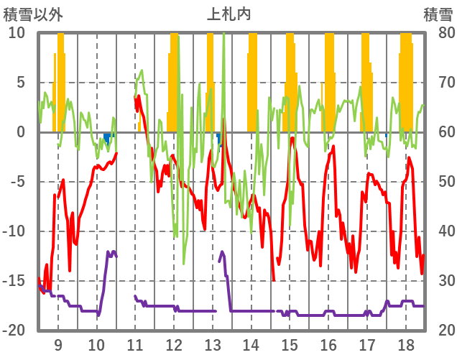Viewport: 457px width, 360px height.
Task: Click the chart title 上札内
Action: tap(228, 14)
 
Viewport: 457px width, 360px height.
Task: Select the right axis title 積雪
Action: tap(438, 14)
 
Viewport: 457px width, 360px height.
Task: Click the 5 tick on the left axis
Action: tap(21, 83)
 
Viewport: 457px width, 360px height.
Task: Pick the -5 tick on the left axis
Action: tap(17, 182)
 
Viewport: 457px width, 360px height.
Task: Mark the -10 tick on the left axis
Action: tap(14, 231)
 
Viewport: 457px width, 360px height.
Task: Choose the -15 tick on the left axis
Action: tap(14, 281)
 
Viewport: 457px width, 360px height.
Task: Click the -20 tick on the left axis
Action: tap(14, 331)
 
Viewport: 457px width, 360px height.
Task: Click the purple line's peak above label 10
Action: tap(110, 252)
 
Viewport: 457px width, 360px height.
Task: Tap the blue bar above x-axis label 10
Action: tap(107, 137)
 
